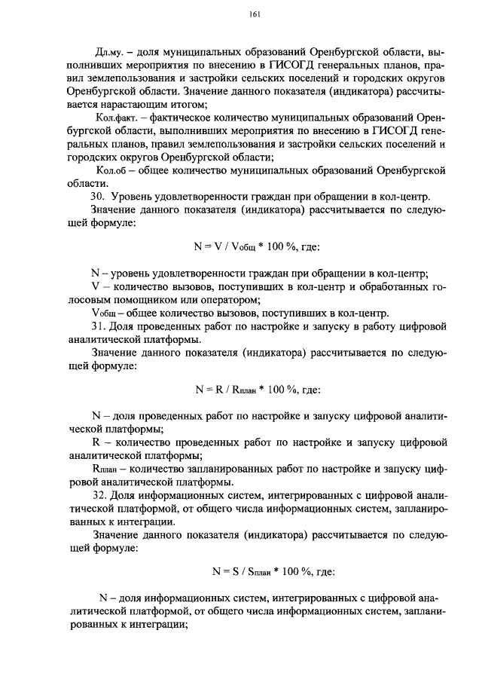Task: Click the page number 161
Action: pyautogui.click(x=253, y=15)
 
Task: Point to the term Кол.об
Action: pyautogui.click(x=112, y=170)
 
